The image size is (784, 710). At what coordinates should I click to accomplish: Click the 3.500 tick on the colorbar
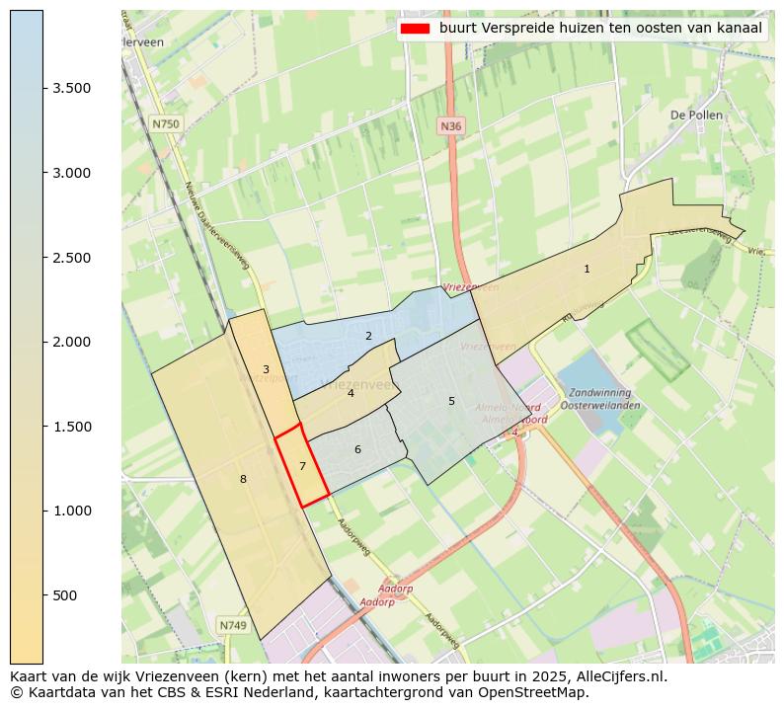coord(43,88)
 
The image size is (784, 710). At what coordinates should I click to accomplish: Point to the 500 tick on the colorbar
coord(43,595)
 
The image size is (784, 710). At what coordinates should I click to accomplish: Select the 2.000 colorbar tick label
coord(71,342)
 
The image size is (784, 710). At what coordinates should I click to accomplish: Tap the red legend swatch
coord(415,29)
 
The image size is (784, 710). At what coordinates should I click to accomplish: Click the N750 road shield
coord(166,124)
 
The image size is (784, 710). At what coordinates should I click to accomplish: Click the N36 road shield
coord(450,126)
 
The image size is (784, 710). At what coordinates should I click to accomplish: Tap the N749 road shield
coord(233,625)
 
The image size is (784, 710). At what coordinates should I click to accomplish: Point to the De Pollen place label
coord(696,115)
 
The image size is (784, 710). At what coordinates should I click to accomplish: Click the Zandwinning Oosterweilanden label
coord(599,399)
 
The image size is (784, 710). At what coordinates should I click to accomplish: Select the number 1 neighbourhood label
coord(587,269)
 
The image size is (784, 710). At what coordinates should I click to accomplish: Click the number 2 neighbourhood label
coord(368,336)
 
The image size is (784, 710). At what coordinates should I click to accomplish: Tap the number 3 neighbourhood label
coord(266,369)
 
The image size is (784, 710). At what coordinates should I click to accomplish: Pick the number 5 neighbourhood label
coord(451,401)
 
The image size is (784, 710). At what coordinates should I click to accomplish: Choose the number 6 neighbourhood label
coord(357,449)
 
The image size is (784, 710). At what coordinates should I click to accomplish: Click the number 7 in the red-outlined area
coord(303,466)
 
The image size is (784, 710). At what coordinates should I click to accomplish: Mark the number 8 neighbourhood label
coord(243,479)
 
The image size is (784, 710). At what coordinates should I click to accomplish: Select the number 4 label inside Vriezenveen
coord(351,393)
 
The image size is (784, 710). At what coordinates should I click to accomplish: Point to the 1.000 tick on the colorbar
coord(43,511)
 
